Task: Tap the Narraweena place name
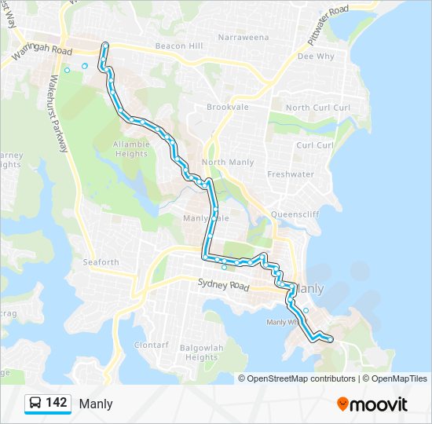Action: (243, 37)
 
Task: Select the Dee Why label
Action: (316, 57)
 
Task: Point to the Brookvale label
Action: (227, 107)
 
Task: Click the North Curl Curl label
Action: (317, 108)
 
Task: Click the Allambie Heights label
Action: (131, 149)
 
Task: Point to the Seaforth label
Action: (101, 262)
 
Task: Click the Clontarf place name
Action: (151, 345)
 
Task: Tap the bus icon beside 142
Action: (35, 404)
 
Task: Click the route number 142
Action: (56, 404)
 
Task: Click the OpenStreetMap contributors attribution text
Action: (301, 378)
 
